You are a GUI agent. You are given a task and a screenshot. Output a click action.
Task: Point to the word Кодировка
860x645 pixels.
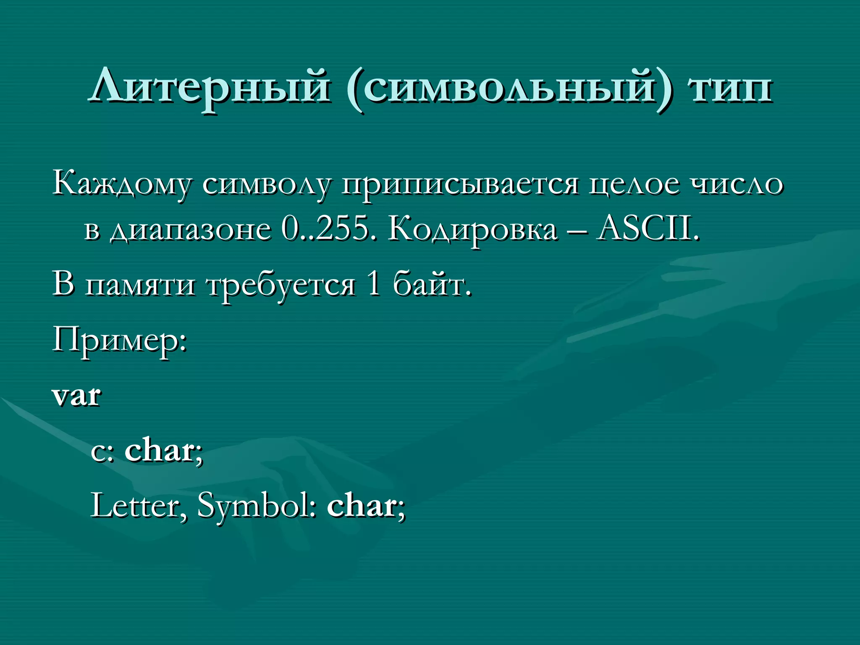[473, 230]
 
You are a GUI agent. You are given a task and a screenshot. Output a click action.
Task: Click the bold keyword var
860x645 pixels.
[76, 396]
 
